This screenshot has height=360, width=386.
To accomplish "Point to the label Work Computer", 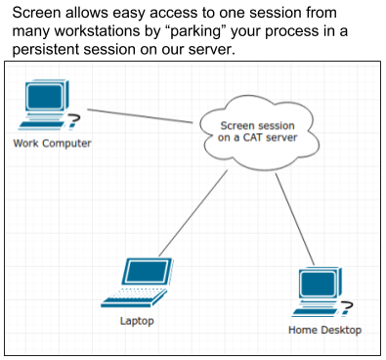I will click(53, 144).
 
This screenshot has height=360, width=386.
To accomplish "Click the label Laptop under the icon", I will click(137, 321).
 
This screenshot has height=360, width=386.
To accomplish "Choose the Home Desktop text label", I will click(325, 330).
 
